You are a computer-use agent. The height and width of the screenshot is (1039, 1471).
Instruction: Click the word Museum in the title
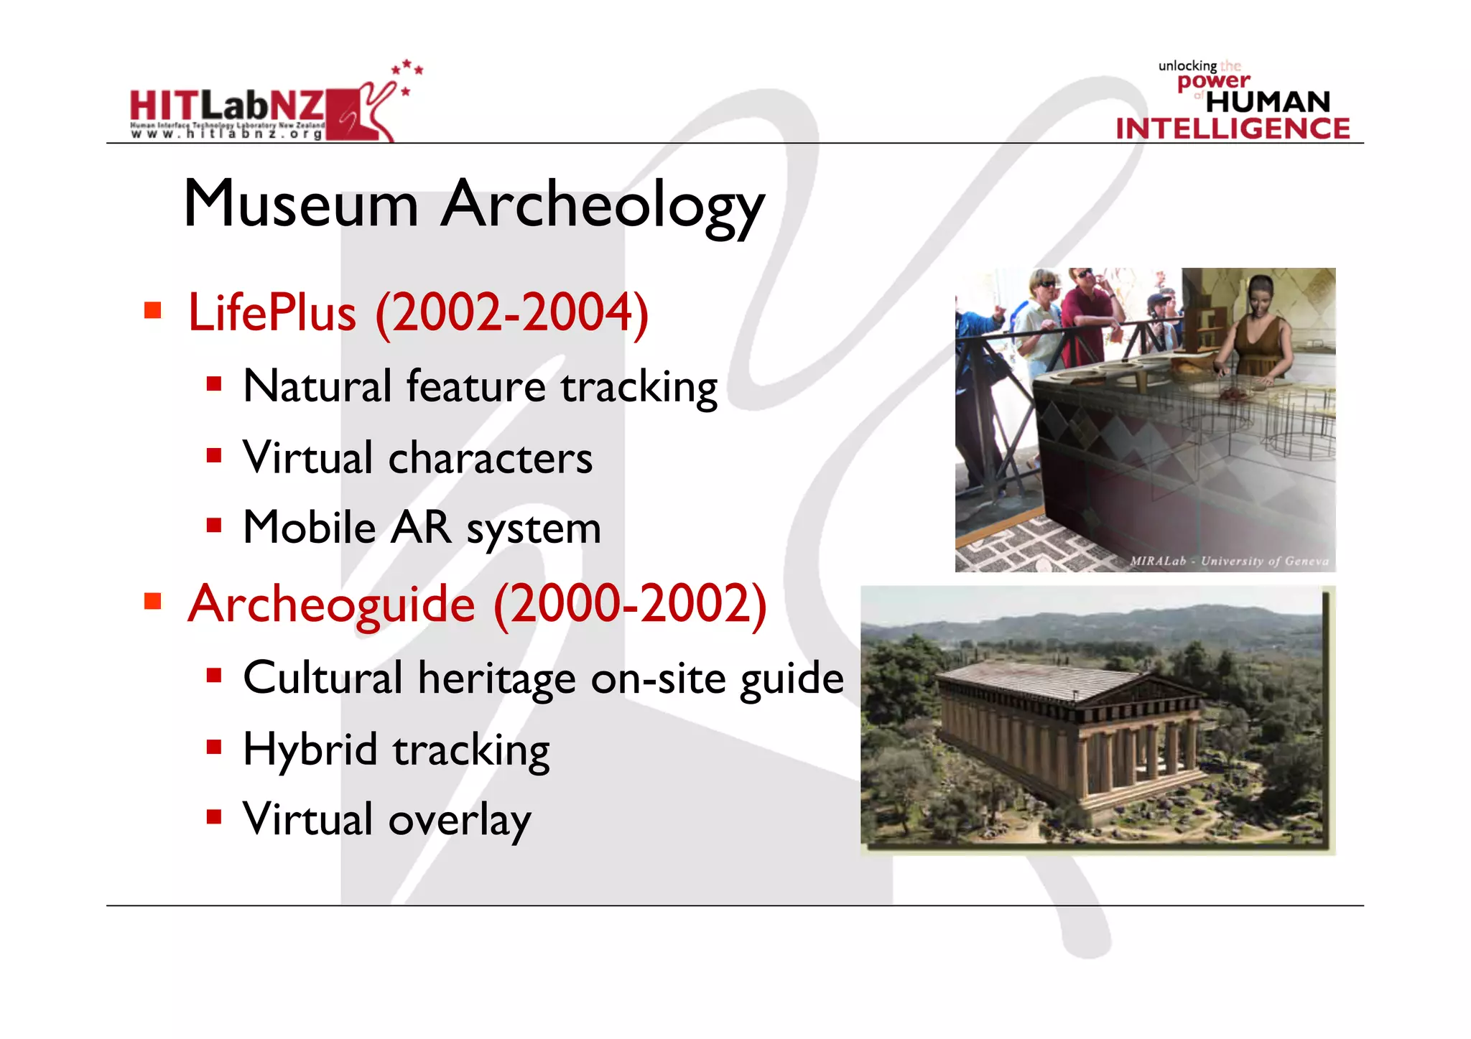tap(301, 205)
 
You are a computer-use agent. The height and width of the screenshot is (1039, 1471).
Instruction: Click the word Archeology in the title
tap(603, 207)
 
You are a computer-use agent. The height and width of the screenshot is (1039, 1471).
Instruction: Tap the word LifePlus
tap(272, 313)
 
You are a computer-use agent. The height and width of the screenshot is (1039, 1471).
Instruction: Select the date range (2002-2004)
tap(512, 313)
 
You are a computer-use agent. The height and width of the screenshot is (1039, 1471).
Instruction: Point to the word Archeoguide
tap(331, 604)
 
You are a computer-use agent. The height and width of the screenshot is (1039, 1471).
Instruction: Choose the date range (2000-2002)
tap(630, 604)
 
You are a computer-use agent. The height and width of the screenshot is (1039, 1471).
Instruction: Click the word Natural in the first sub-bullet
tap(317, 386)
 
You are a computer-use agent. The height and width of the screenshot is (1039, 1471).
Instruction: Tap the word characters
tap(491, 458)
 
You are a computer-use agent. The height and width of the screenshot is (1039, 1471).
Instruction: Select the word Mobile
tap(310, 528)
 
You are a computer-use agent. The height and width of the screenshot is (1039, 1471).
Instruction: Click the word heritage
tap(497, 679)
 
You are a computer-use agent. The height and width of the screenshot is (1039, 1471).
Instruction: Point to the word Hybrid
tap(310, 750)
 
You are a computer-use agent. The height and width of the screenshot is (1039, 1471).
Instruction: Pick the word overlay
tap(460, 820)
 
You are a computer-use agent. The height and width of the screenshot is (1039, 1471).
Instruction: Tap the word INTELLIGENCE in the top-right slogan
tap(1233, 129)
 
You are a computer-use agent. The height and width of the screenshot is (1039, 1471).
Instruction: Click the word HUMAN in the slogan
tap(1268, 102)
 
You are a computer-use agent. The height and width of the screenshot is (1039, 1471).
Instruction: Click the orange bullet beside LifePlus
tap(152, 310)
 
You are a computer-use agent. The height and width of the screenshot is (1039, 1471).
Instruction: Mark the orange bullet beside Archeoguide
tap(152, 601)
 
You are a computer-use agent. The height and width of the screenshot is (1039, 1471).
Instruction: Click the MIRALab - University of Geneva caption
tap(1229, 561)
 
